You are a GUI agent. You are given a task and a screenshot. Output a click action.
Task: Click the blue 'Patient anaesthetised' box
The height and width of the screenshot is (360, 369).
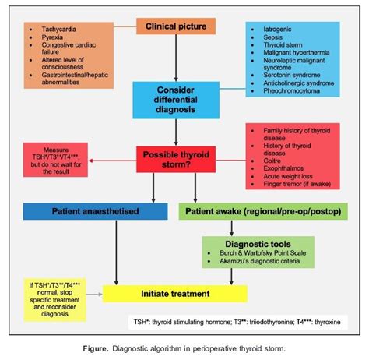click(94, 210)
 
